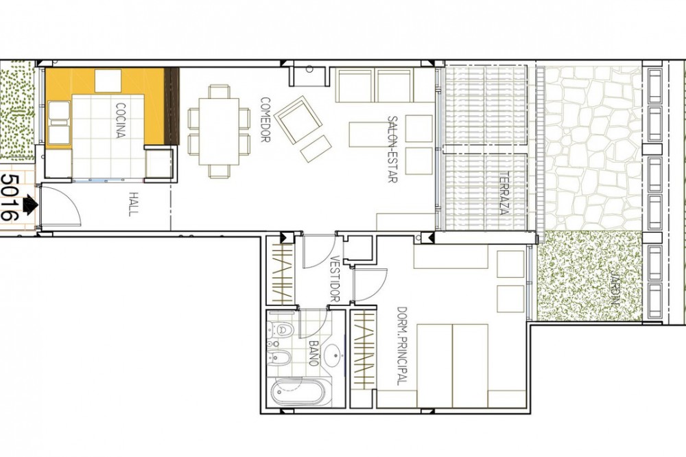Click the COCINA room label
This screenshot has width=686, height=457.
tap(121, 120)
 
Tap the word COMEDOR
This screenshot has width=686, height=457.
tap(265, 119)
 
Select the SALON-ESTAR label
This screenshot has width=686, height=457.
tap(392, 149)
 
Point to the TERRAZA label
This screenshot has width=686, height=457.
tap(504, 193)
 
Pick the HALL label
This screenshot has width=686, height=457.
tap(134, 204)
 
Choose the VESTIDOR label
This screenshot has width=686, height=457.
tap(334, 279)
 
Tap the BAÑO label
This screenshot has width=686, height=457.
tap(314, 353)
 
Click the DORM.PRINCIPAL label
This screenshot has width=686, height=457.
tap(401, 346)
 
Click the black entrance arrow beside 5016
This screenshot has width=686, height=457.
tap(29, 205)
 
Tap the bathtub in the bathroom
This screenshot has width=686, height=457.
tap(295, 392)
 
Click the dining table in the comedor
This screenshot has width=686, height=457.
tap(219, 132)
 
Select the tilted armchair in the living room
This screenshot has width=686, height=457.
tap(298, 119)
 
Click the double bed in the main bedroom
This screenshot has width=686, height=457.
tap(452, 366)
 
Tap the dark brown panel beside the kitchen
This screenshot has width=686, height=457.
tap(171, 106)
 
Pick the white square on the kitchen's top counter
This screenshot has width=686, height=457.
tap(108, 81)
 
